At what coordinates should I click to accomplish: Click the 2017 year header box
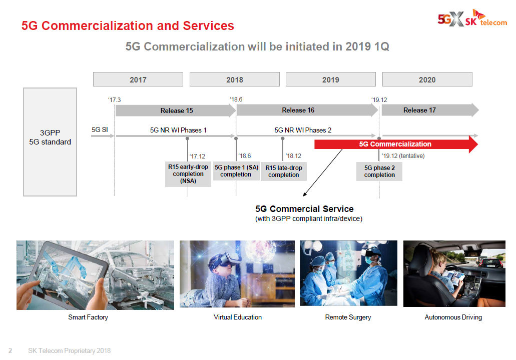[138, 79]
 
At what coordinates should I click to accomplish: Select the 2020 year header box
[427, 79]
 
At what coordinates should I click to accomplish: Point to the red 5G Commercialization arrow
[395, 144]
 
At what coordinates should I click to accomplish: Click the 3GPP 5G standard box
[50, 142]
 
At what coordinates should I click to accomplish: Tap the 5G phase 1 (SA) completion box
[236, 171]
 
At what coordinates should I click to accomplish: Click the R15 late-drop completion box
[284, 171]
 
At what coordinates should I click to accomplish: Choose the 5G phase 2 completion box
[379, 171]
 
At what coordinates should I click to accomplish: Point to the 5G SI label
[100, 130]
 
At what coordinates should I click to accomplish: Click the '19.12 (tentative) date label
[402, 155]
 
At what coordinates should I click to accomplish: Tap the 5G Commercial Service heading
[304, 209]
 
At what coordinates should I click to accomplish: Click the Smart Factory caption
[88, 317]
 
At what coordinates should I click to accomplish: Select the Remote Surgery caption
[348, 317]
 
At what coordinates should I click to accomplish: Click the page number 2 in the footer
[10, 351]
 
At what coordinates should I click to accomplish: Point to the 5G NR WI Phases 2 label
[303, 130]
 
